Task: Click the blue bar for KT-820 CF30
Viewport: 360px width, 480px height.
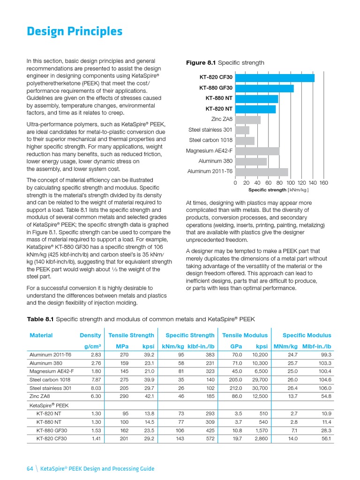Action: [274, 78]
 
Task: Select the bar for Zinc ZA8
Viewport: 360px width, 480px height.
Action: [247, 120]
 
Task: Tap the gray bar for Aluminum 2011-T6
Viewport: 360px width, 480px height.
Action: [261, 172]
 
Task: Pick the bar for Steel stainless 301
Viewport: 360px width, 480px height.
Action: [242, 130]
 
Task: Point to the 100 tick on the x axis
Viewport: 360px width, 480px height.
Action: [290, 183]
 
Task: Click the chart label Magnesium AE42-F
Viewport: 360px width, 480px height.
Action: [209, 151]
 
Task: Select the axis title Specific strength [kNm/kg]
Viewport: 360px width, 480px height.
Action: [278, 190]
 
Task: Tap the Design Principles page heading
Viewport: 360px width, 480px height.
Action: [75, 31]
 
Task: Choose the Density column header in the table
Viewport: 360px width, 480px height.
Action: [90, 335]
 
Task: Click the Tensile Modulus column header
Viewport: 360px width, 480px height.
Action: [245, 335]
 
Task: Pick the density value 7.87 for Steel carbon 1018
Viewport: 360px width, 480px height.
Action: [96, 380]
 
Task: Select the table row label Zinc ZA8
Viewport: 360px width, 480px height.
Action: [40, 396]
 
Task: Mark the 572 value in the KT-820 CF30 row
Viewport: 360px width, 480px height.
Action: [210, 439]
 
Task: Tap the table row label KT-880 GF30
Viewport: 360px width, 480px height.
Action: [51, 430]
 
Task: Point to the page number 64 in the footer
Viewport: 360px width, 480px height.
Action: [30, 468]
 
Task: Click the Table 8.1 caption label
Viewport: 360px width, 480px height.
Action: [41, 319]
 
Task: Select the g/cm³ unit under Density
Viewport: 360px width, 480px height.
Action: [92, 347]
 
